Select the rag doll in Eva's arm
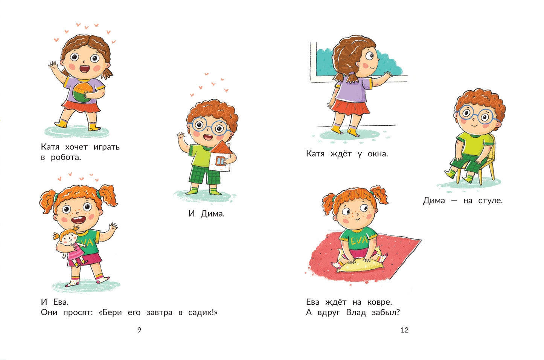pos(70,247)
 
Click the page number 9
pos(139,330)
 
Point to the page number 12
pos(405,330)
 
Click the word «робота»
pos(66,158)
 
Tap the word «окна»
pos(378,153)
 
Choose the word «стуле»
pos(490,201)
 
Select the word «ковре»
pos(379,302)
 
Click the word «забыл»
pos(386,312)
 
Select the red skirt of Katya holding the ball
pos(81,106)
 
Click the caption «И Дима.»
pos(206,213)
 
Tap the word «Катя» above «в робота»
pos(50,147)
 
